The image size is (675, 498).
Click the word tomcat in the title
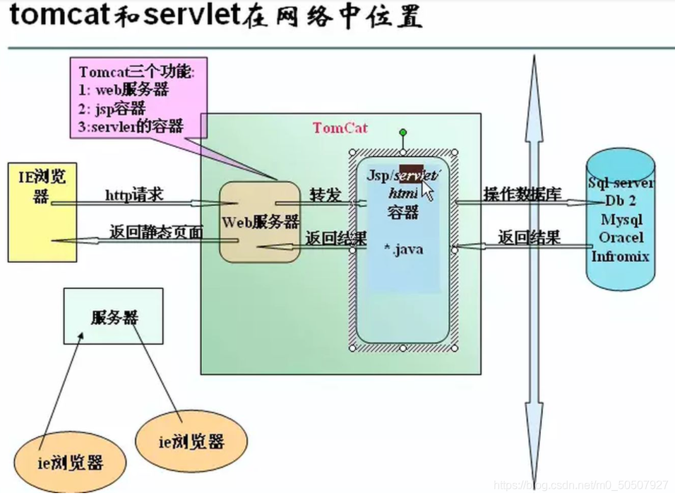click(x=56, y=16)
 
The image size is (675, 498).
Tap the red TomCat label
click(x=340, y=128)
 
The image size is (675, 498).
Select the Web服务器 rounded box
click(x=260, y=222)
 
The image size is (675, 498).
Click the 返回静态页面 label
click(x=156, y=232)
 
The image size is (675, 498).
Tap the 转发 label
click(x=325, y=195)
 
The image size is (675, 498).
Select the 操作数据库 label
click(x=522, y=194)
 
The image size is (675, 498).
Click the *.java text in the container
click(x=403, y=249)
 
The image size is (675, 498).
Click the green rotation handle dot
click(x=402, y=132)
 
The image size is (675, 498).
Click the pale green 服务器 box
click(x=113, y=316)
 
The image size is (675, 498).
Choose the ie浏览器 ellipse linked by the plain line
click(x=191, y=441)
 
